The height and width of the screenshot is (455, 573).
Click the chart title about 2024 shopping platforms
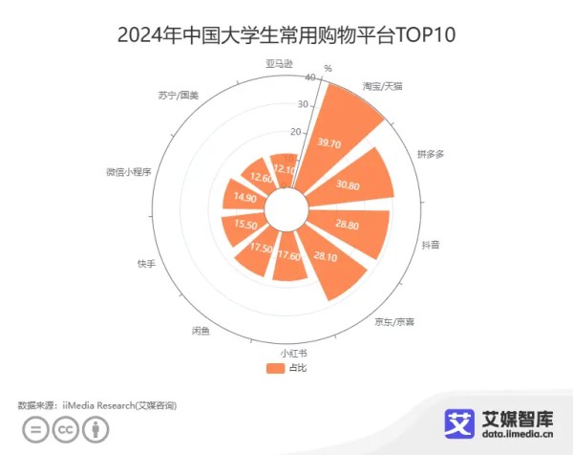(286, 35)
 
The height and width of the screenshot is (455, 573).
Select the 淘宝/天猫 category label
(383, 87)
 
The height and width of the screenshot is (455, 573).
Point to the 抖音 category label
(432, 245)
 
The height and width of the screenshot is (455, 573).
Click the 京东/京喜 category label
(394, 320)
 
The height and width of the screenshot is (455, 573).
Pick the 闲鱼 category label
(201, 331)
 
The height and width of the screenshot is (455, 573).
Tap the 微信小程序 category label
(129, 173)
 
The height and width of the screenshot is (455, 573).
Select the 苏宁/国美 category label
(179, 96)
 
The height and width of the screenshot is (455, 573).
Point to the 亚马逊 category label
(278, 64)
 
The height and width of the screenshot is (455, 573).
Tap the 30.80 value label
(350, 185)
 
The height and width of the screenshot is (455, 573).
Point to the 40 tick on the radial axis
(304, 77)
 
